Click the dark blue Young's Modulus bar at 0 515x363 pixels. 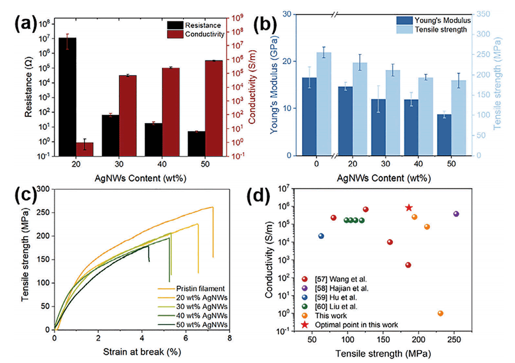tap(310, 116)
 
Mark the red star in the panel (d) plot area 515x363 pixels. tap(409, 208)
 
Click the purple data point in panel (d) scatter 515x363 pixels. tap(456, 214)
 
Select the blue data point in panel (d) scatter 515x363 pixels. tap(321, 236)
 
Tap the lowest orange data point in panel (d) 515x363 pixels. tap(441, 313)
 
